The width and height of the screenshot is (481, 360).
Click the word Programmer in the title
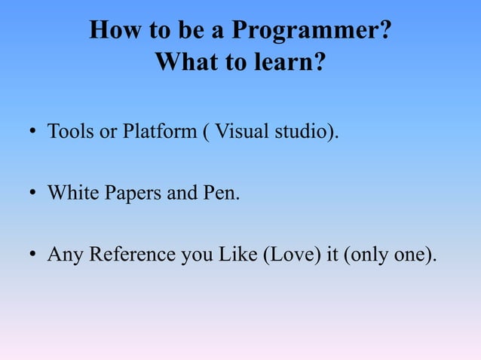pyautogui.click(x=311, y=31)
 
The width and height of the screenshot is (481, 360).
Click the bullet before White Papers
pyautogui.click(x=33, y=195)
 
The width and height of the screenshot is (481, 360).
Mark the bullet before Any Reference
pyautogui.click(x=33, y=256)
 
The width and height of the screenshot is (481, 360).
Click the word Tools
pyautogui.click(x=68, y=133)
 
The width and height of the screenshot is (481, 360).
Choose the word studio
pyautogui.click(x=304, y=133)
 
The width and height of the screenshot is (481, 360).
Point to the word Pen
pyautogui.click(x=221, y=194)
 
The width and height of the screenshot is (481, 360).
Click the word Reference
pyautogui.click(x=133, y=255)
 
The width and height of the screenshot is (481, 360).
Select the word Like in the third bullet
pyautogui.click(x=237, y=255)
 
